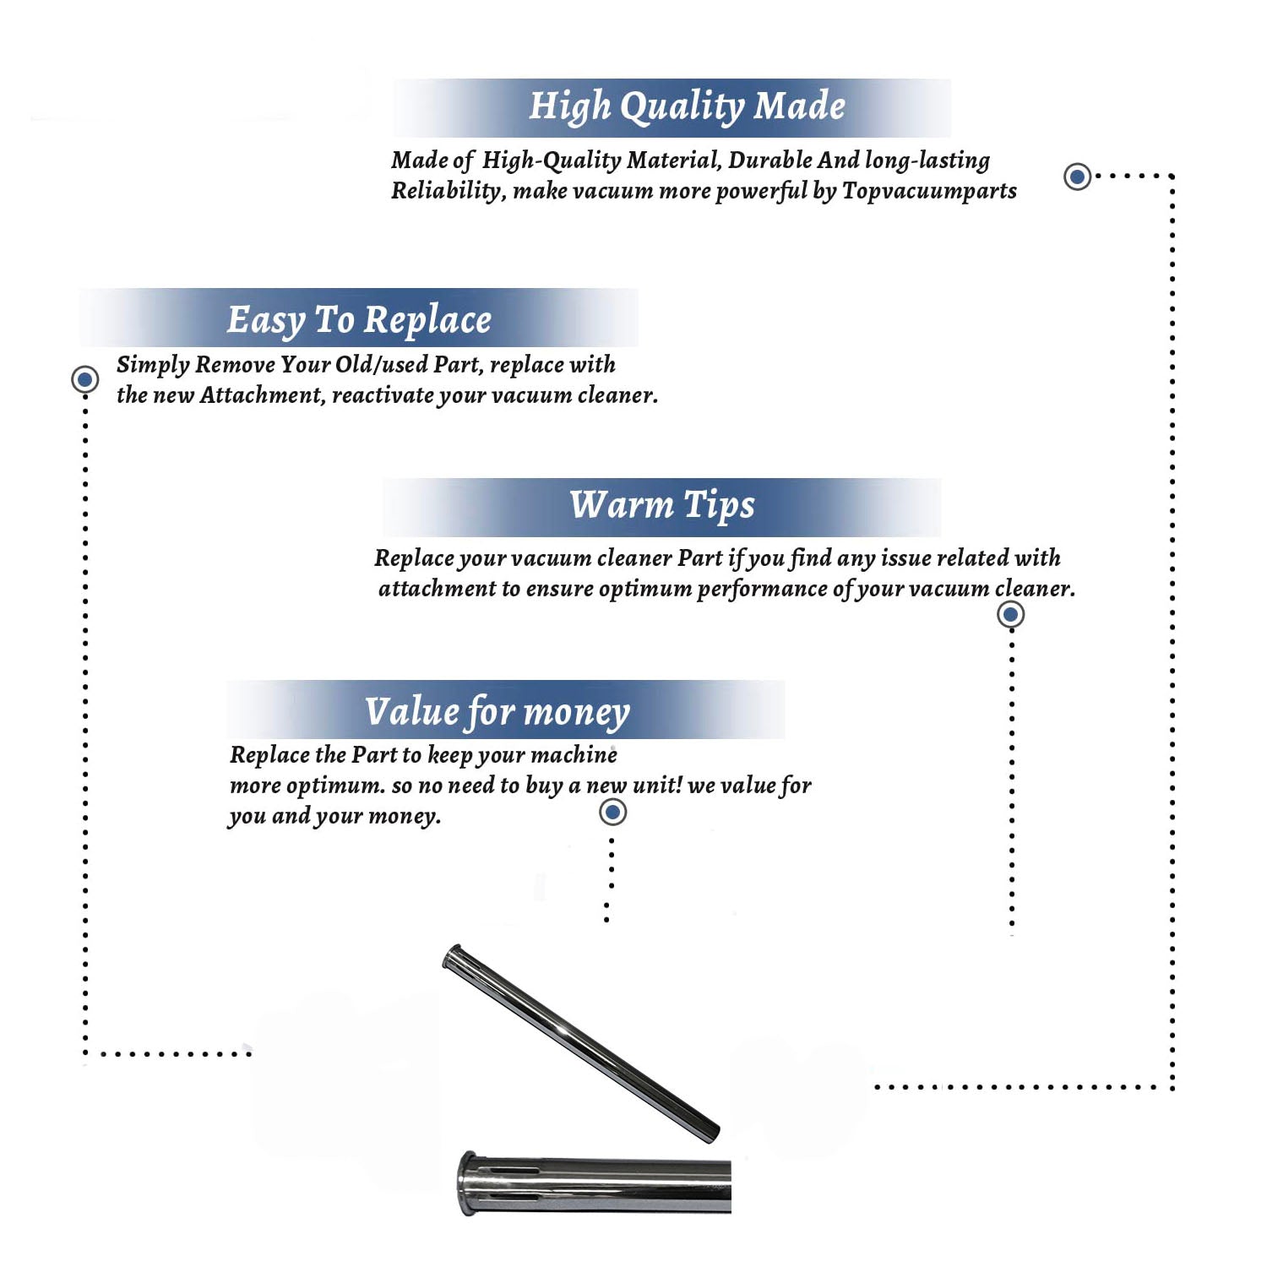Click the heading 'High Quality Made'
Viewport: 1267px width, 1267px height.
[687, 107]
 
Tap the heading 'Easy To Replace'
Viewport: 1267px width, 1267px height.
[359, 321]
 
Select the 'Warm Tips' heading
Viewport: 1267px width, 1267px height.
[662, 506]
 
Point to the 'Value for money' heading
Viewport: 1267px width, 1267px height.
[498, 712]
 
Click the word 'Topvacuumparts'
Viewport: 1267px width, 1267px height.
[929, 192]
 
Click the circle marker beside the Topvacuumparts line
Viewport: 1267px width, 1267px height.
[1077, 177]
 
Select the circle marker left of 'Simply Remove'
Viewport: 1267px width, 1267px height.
[84, 379]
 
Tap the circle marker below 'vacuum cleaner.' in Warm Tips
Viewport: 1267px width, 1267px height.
[1010, 614]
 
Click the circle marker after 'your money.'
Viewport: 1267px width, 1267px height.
[612, 813]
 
